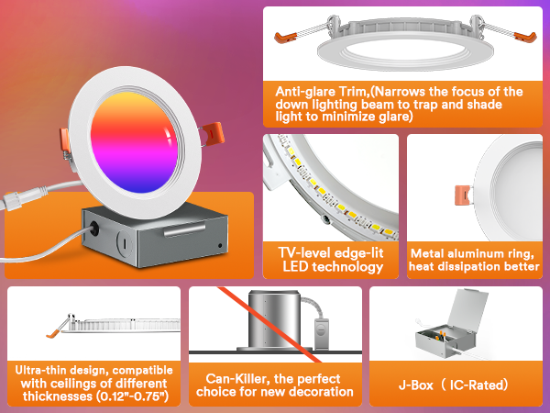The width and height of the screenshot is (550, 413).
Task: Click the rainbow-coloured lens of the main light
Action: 135,143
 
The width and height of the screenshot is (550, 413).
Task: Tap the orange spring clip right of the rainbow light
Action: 214,133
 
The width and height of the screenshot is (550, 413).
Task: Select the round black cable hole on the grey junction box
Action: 94,229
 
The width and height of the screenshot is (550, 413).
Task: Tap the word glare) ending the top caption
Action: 396,117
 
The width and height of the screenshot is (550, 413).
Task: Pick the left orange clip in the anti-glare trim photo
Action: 285,38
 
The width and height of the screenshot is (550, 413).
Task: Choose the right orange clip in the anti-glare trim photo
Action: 525,36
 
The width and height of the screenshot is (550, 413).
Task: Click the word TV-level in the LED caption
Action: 303,253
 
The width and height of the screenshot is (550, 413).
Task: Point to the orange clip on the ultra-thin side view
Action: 54,333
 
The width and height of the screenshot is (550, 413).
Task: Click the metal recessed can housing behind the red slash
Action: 274,320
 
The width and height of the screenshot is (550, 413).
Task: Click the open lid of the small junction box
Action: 467,309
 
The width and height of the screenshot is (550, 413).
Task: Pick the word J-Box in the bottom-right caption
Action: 416,385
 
